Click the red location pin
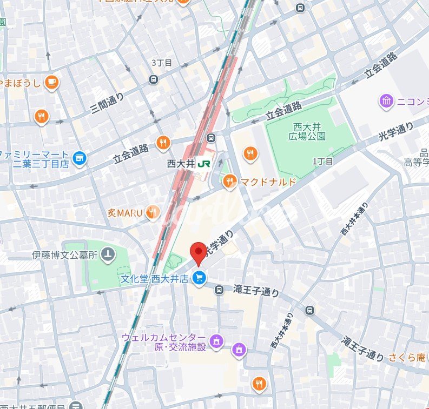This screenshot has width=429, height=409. [199, 252]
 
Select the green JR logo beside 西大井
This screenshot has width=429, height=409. [204, 163]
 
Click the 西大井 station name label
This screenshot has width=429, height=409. [180, 163]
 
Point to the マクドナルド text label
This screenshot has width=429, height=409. [268, 182]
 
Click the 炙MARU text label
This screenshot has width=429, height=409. [124, 213]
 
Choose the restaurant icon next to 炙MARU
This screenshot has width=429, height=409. [154, 212]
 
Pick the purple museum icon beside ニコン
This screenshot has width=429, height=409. [386, 101]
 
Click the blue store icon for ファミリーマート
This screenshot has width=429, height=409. [80, 158]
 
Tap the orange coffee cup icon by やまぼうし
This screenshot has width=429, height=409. [52, 82]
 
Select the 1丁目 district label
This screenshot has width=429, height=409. [323, 161]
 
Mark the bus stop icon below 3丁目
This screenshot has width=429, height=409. [154, 79]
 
